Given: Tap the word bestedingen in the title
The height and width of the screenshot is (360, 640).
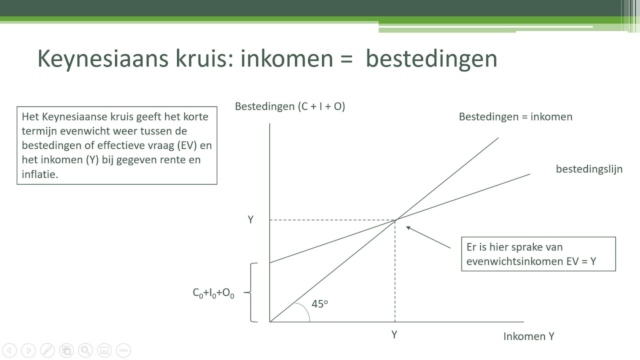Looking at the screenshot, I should click(431, 59).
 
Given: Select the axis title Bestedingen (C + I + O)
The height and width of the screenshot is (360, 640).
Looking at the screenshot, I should click(290, 106).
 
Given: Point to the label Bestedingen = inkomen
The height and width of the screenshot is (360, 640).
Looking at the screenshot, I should click(515, 117).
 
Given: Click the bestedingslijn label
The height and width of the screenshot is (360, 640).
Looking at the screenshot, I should click(589, 169).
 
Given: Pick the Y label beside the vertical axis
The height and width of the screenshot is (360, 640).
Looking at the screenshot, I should click(250, 220).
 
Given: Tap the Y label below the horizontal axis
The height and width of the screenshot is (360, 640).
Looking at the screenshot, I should click(394, 335).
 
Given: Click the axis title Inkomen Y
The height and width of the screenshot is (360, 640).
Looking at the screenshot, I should click(528, 336).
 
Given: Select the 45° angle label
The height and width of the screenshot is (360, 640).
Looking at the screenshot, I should click(319, 304).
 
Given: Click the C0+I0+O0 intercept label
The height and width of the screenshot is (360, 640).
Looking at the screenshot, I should click(213, 293).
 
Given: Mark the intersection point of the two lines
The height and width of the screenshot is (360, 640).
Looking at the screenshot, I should click(395, 220).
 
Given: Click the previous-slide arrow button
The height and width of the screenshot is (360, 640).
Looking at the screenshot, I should click(10, 350).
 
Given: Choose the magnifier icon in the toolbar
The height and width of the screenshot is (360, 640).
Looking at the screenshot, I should click(85, 350).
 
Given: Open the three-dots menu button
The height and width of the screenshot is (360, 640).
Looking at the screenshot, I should click(123, 350).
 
